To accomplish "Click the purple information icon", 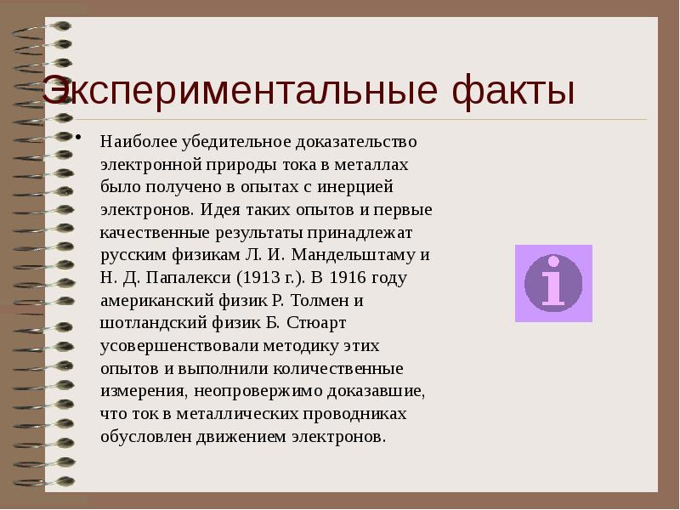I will tap(553, 283).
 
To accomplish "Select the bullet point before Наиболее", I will tap(78, 139).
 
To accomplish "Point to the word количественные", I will tap(344, 370).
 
